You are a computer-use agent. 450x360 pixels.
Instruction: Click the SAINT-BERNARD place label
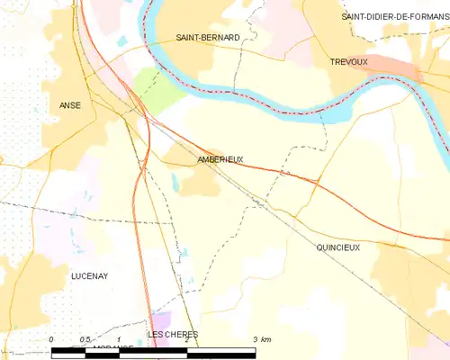[x=208, y=37]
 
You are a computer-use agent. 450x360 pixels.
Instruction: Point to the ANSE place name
[x=70, y=105]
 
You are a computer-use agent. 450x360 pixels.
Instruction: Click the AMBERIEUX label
[x=220, y=159]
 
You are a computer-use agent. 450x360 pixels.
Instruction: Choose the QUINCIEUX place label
[x=337, y=246]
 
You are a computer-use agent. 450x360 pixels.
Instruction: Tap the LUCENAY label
[x=89, y=276]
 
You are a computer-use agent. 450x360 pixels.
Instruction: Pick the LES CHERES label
[x=172, y=335]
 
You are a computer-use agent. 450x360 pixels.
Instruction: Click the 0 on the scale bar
[x=51, y=339]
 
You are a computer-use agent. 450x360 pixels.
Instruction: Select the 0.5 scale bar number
[x=85, y=339]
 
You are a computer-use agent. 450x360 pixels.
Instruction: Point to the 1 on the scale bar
[x=119, y=339]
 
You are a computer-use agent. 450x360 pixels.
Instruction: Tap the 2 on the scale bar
[x=185, y=339]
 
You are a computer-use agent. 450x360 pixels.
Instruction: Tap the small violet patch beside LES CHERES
[x=161, y=320]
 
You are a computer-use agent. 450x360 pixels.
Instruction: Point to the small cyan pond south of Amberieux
[x=175, y=185]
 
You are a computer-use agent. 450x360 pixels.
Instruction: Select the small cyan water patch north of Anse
[x=122, y=40]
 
